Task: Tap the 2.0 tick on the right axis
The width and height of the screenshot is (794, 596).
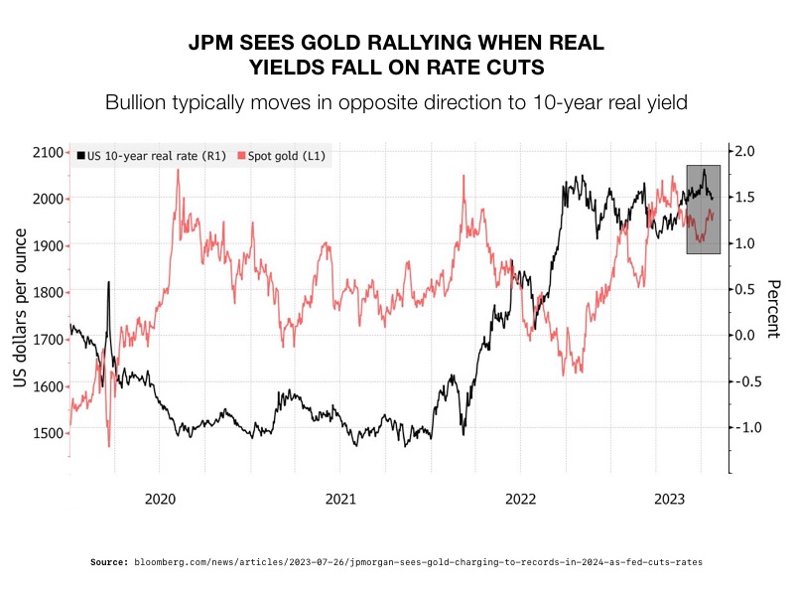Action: [744, 151]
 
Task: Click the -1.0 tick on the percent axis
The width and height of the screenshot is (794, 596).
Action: [744, 427]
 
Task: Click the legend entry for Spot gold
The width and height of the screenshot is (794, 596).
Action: [288, 156]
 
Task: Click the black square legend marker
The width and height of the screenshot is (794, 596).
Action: [80, 156]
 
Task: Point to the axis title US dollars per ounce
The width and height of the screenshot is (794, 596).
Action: [19, 305]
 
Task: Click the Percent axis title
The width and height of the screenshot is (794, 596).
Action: [772, 308]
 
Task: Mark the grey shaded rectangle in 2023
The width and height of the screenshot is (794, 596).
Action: [703, 210]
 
